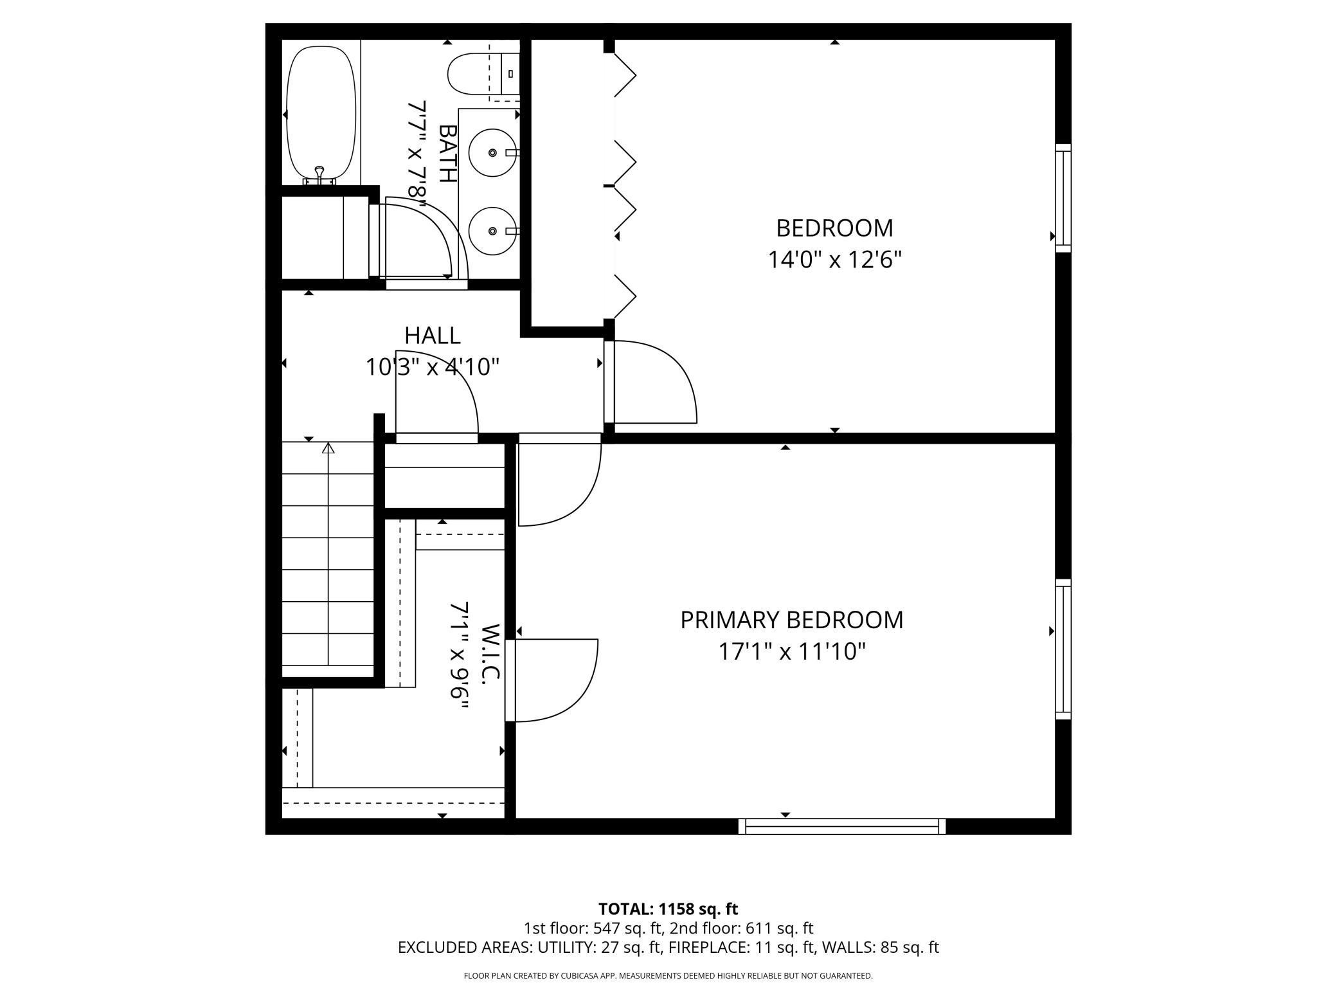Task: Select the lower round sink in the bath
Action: [x=492, y=231]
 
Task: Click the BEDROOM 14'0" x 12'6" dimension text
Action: [x=834, y=260]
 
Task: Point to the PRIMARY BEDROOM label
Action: [x=791, y=620]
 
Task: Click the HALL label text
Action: [x=432, y=336]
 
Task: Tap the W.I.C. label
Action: [x=490, y=653]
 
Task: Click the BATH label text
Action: [x=447, y=153]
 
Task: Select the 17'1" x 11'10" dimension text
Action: [x=791, y=652]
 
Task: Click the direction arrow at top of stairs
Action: [x=328, y=448]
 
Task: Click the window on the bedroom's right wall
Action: [x=1063, y=197]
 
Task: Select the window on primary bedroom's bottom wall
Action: [x=841, y=826]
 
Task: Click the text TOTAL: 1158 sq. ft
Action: [x=668, y=909]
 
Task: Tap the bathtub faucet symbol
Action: [x=319, y=173]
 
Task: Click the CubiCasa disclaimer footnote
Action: [x=668, y=976]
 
